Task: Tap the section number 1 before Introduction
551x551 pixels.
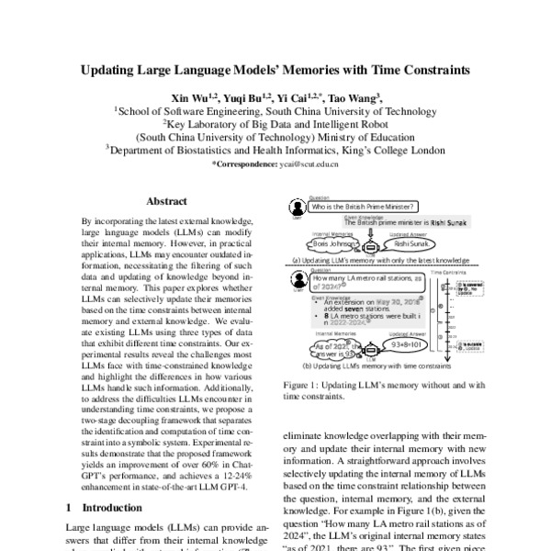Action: click(72, 506)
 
